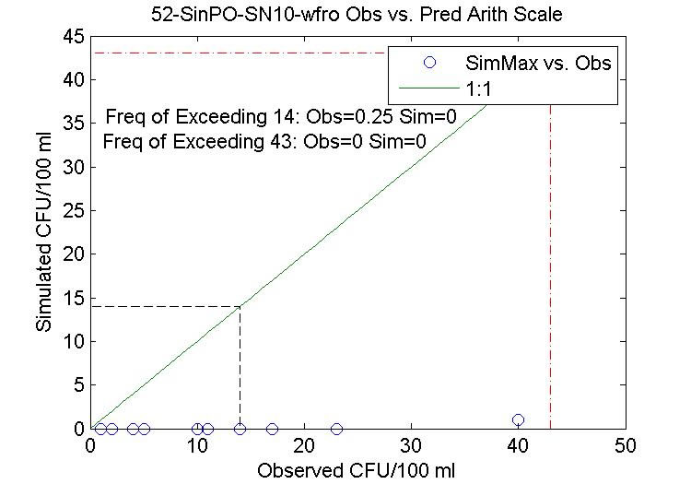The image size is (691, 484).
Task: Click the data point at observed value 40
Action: coord(518,420)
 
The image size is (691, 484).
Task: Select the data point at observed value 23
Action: coord(336,429)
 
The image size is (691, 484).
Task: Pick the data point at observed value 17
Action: coord(272,429)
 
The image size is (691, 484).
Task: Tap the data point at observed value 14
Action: coord(240,429)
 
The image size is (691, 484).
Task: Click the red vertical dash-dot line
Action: coord(550,277)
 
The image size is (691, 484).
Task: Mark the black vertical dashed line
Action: coord(240,369)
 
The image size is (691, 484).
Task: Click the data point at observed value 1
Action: coord(101,429)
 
